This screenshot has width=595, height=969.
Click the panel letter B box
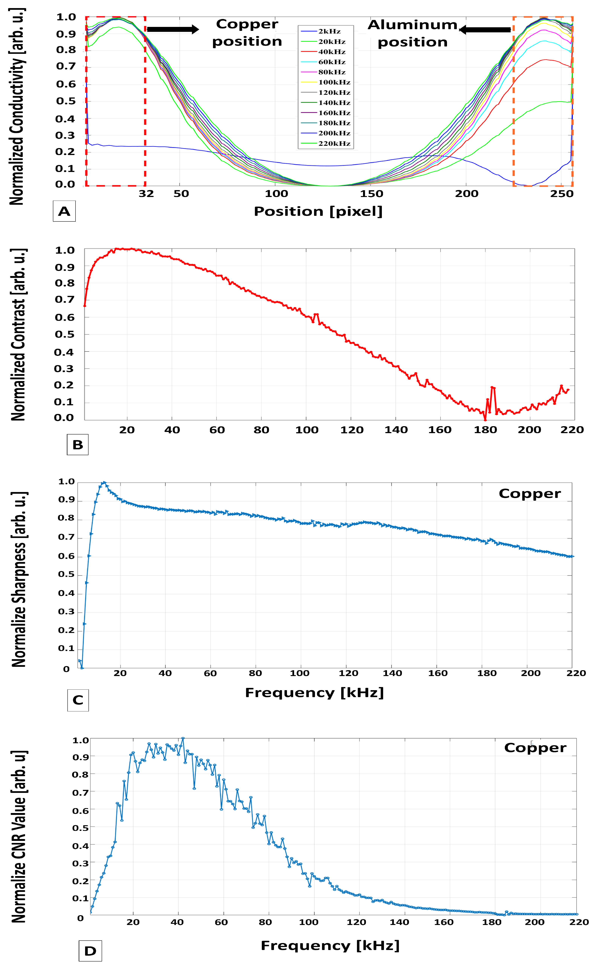coord(78,445)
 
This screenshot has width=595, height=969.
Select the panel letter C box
coord(78,700)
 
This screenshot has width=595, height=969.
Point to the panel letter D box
coord(90,951)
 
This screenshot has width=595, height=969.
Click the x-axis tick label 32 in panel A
coord(146,194)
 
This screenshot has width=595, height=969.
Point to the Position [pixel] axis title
coord(318,211)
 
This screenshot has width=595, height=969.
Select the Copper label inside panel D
coord(535,748)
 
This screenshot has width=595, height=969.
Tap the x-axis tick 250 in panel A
coord(561,194)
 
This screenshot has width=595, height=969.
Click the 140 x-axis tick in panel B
coord(396,430)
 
